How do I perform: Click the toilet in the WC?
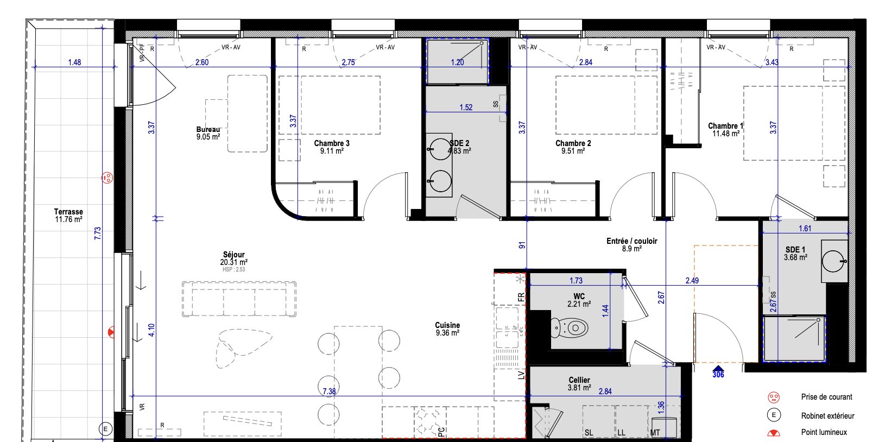pyautogui.click(x=570, y=327)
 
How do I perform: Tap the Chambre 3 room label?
pyautogui.click(x=332, y=143)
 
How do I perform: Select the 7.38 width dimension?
pyautogui.click(x=329, y=391)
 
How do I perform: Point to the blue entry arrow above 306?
pyautogui.click(x=718, y=369)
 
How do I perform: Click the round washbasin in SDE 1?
pyautogui.click(x=833, y=261)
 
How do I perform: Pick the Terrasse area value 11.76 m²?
pyautogui.click(x=69, y=219)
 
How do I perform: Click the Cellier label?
pyautogui.click(x=579, y=380)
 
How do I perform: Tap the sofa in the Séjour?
pyautogui.click(x=239, y=299)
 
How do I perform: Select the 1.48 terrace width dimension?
pyautogui.click(x=74, y=62)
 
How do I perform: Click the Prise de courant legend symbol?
pyautogui.click(x=774, y=397)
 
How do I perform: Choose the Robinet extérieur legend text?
pyautogui.click(x=827, y=415)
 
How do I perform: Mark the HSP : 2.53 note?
pyautogui.click(x=233, y=269)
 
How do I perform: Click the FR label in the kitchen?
pyautogui.click(x=521, y=297)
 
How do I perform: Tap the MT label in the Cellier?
pyautogui.click(x=655, y=433)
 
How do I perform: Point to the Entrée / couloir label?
pyautogui.click(x=632, y=241)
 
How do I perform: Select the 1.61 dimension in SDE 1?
pyautogui.click(x=805, y=228)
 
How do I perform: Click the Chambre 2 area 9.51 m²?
pyautogui.click(x=573, y=151)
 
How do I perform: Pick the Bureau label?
pyautogui.click(x=208, y=129)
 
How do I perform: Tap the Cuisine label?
pyautogui.click(x=447, y=325)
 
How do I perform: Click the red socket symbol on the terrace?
pyautogui.click(x=107, y=178)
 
